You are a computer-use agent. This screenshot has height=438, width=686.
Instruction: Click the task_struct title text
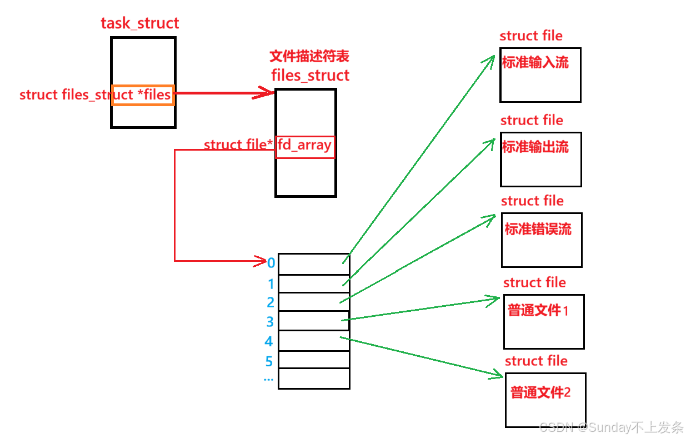tap(140, 23)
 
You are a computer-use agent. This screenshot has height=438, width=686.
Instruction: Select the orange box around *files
tap(143, 95)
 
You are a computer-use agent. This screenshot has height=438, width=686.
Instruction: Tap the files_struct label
tap(311, 75)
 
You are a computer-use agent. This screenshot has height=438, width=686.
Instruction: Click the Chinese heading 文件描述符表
tap(309, 57)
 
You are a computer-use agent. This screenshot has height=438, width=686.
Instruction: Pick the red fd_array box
tap(305, 147)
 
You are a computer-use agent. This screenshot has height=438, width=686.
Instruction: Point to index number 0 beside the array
tap(271, 263)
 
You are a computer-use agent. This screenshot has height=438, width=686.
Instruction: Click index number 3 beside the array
tap(270, 322)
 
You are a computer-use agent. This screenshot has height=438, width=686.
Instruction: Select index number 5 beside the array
tap(269, 362)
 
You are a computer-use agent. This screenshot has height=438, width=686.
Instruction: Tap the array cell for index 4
tap(314, 341)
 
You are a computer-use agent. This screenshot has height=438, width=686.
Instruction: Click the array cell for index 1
tap(314, 283)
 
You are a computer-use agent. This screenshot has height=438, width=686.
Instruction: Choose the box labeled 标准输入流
tap(540, 75)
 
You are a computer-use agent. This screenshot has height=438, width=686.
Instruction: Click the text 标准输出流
tap(535, 147)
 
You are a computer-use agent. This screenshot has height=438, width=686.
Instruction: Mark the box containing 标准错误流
tap(542, 240)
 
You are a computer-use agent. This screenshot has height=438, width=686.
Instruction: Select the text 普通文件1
tap(538, 310)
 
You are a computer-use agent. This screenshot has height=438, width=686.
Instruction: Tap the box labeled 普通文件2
tap(545, 400)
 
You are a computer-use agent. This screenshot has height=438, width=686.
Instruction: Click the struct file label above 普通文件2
tap(536, 361)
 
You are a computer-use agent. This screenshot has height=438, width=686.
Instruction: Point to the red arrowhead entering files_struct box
tap(267, 93)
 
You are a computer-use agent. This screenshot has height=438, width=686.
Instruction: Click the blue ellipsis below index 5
tap(269, 380)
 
